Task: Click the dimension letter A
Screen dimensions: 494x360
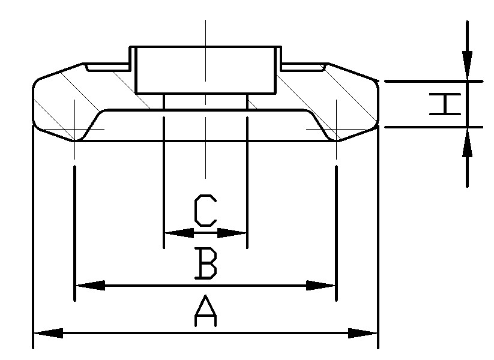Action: point(205,310)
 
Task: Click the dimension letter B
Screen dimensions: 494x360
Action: point(206,263)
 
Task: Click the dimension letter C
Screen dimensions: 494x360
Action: point(205,211)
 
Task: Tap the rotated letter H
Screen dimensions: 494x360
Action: point(445,104)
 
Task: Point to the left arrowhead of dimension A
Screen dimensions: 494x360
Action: point(48,333)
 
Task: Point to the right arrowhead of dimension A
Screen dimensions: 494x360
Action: point(363,333)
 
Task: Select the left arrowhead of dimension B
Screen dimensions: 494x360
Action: point(91,286)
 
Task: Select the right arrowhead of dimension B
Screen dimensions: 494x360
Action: point(321,286)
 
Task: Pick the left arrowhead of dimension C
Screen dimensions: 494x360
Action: point(179,233)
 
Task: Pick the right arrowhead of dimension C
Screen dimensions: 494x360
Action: point(232,233)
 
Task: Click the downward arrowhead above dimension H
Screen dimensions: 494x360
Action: point(467,65)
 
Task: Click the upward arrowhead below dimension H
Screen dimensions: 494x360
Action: point(467,142)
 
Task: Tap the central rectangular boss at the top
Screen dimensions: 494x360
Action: point(206,70)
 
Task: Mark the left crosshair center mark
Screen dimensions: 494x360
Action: point(74,129)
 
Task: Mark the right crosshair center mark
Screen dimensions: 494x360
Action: point(337,129)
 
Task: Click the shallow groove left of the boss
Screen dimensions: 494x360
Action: point(108,67)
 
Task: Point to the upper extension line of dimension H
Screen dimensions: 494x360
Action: point(434,81)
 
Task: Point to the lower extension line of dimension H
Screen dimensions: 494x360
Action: point(434,127)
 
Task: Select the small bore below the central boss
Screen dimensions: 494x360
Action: point(206,102)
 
